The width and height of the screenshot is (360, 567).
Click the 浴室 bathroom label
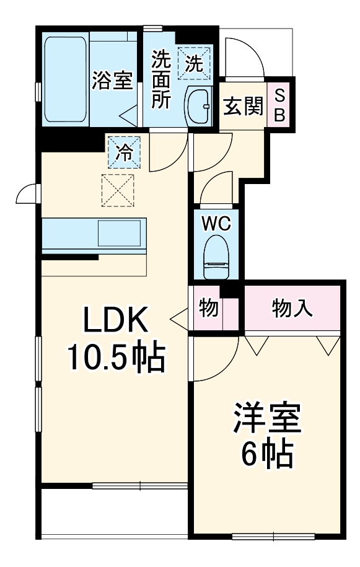coord(113,81)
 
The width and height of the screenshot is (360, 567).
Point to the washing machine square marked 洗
coord(194,63)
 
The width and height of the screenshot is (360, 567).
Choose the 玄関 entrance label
coord(243,107)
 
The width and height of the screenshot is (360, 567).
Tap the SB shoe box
coord(279,105)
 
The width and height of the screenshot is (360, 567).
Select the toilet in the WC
coord(217,260)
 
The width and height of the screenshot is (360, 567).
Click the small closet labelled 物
coord(209,307)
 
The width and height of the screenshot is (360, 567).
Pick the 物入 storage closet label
coord(292,307)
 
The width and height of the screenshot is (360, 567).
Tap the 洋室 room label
coord(267,420)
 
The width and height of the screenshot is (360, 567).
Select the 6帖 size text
coord(267,456)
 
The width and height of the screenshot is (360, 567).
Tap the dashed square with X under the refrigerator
coord(118,190)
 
